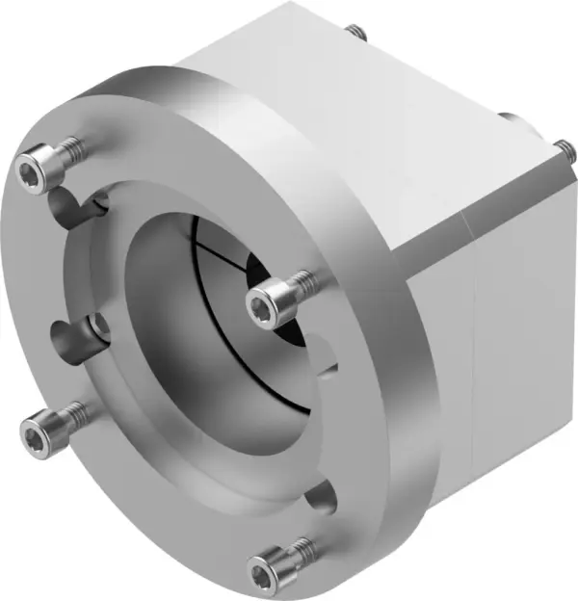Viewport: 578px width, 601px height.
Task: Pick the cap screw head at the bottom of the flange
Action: (264, 574)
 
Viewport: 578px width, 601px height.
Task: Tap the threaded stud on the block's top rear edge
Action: (359, 34)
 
